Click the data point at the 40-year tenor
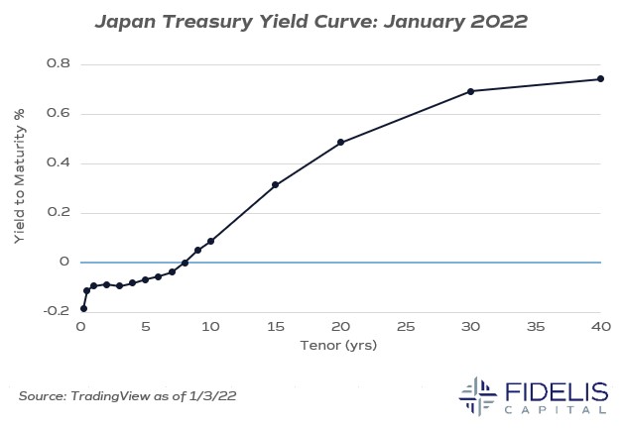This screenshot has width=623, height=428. click(600, 79)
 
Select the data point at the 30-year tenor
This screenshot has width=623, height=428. click(470, 91)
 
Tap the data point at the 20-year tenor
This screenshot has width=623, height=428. click(340, 143)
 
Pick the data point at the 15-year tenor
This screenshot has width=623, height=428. click(275, 185)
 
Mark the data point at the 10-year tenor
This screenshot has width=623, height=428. click(210, 241)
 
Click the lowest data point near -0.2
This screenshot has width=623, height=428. click(83, 309)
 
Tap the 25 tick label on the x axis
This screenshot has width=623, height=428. click(405, 326)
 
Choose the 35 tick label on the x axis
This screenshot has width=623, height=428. click(535, 326)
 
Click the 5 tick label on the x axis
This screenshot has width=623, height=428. click(145, 326)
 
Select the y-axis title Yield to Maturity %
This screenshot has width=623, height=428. click(20, 187)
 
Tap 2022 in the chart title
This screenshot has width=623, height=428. click(504, 20)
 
